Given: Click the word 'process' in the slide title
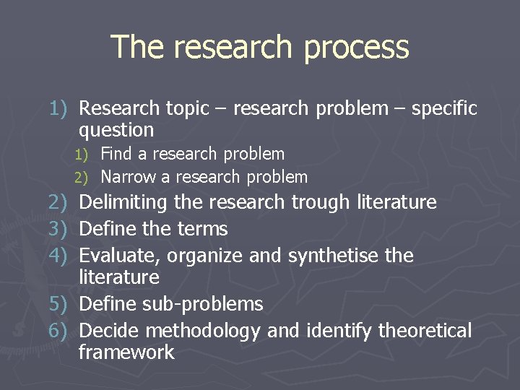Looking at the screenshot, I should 356,48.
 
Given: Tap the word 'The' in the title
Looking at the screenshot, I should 136,47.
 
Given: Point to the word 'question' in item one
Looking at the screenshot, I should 116,131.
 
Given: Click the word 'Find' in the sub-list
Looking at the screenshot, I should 116,154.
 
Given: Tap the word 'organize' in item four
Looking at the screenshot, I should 210,256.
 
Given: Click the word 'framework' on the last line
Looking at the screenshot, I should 126,352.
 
